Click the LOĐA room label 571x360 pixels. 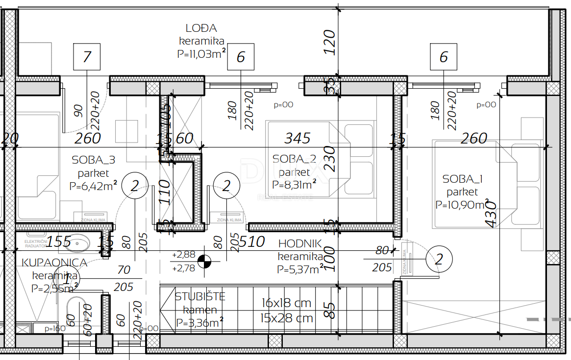click(x=201, y=28)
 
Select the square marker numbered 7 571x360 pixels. click(x=87, y=57)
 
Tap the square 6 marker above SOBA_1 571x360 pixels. click(x=443, y=57)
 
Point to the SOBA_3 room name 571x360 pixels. click(x=94, y=160)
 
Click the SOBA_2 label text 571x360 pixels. click(x=294, y=159)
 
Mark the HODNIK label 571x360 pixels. click(x=300, y=243)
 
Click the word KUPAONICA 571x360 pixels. click(x=54, y=263)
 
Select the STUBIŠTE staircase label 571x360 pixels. click(x=200, y=296)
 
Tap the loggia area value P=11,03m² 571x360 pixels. click(x=201, y=54)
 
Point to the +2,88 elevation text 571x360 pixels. click(x=184, y=255)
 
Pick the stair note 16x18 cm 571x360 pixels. click(x=286, y=303)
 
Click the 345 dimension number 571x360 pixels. click(x=298, y=139)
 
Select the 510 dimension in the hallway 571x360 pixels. click(x=253, y=241)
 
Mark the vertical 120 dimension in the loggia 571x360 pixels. click(x=330, y=42)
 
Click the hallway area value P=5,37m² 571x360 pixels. click(x=299, y=269)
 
